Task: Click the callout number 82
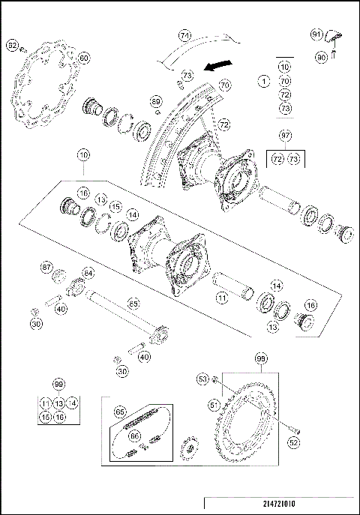click(x=12, y=46)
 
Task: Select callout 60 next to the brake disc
click(x=83, y=58)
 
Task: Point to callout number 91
click(x=316, y=34)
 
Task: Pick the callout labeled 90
click(x=321, y=56)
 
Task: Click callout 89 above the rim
click(x=155, y=100)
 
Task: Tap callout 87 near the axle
click(x=46, y=268)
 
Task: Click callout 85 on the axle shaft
click(x=133, y=304)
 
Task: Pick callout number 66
click(x=134, y=434)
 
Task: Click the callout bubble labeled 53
click(x=202, y=380)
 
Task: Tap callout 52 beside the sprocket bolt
click(x=293, y=442)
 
